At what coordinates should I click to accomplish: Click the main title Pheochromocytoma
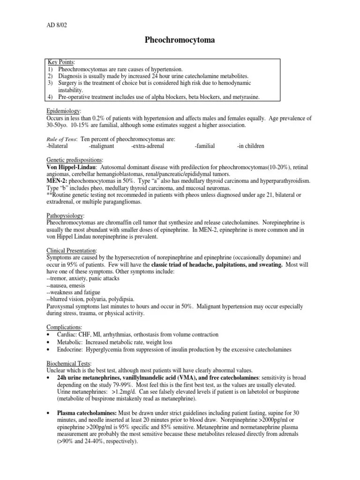180,40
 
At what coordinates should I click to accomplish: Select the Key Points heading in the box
61,62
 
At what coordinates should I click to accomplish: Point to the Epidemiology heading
63,111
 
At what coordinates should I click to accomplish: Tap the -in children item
250,146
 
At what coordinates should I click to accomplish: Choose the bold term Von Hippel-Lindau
71,167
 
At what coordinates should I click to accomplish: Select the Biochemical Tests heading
69,363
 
